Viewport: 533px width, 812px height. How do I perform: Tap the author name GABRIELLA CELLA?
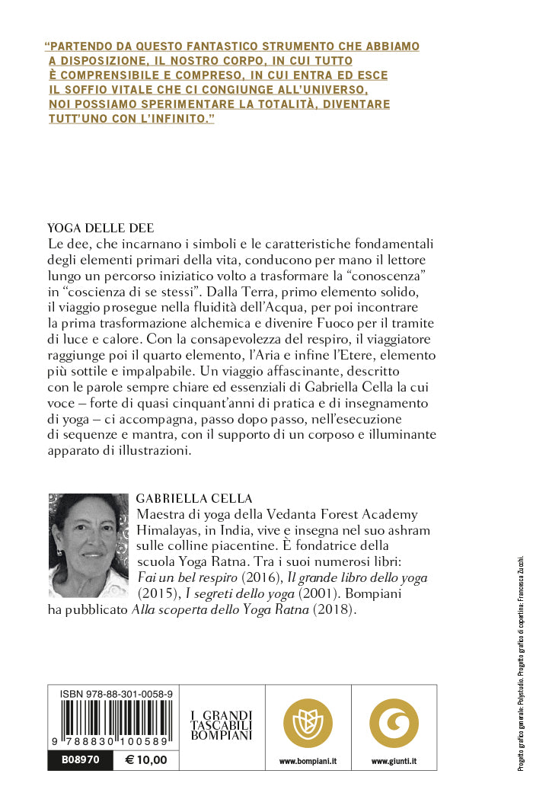(193, 499)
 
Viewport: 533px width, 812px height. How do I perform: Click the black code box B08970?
(81, 760)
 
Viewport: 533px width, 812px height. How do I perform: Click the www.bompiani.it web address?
(308, 761)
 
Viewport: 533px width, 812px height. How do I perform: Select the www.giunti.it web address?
(394, 761)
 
